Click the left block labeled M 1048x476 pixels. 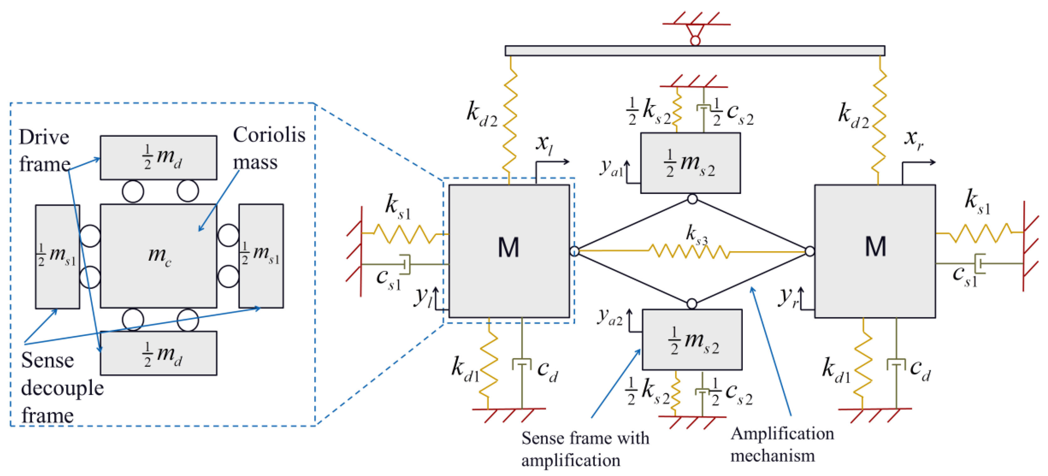pos(509,251)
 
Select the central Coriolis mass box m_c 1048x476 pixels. pos(158,256)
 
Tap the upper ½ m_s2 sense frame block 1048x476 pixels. pos(690,163)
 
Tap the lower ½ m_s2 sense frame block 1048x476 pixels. pos(692,339)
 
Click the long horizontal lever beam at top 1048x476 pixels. pos(695,50)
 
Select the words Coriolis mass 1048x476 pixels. pos(269,148)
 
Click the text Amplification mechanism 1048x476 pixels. pos(782,444)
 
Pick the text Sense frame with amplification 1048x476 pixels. pos(585,449)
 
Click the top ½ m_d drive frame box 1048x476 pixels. pos(158,158)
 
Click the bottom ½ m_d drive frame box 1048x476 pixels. pos(158,353)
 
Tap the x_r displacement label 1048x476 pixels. pos(914,140)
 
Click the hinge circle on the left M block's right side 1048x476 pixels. pos(574,251)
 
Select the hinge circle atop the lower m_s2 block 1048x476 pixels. pos(692,304)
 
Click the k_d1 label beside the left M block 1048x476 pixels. pos(465,369)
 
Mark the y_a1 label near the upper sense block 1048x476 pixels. pos(611,167)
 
